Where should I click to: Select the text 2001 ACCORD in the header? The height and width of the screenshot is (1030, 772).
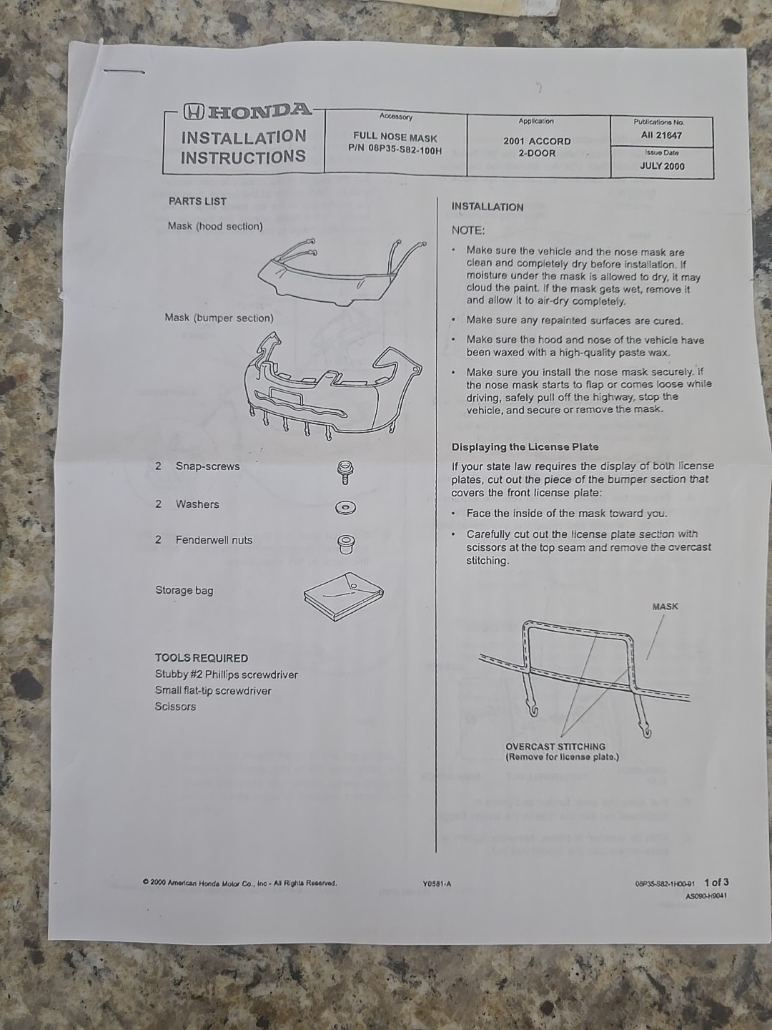click(x=537, y=141)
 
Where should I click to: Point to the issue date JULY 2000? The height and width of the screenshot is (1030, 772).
click(x=662, y=166)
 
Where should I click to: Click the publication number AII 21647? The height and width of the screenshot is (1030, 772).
click(x=661, y=135)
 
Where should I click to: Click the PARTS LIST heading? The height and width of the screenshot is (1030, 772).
click(x=197, y=201)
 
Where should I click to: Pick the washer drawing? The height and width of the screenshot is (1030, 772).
click(x=346, y=508)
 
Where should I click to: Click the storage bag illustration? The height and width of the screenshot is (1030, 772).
click(x=344, y=596)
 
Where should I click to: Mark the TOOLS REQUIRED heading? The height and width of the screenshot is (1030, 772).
click(x=202, y=658)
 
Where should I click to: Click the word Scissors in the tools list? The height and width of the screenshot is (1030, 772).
click(x=175, y=706)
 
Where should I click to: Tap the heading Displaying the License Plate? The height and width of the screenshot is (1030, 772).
click(x=525, y=447)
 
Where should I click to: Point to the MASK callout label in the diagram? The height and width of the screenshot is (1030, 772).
click(x=665, y=607)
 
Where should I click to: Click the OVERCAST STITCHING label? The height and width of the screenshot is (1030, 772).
click(x=555, y=746)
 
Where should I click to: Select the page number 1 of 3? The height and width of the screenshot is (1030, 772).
click(x=716, y=882)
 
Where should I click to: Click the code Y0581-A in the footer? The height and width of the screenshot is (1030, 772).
click(x=436, y=884)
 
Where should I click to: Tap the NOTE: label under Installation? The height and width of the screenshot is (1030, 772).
click(x=467, y=230)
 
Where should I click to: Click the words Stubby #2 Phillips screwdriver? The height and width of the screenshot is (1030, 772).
click(x=227, y=675)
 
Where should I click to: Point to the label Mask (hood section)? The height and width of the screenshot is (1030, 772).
click(x=215, y=226)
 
